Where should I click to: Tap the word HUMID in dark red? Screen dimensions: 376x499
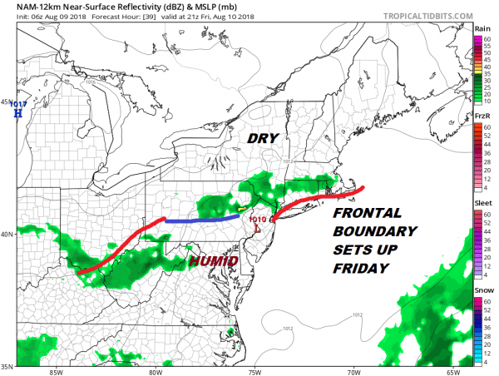point(214,261)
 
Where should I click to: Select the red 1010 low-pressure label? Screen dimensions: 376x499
point(258,220)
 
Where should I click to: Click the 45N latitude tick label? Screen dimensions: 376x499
point(7,102)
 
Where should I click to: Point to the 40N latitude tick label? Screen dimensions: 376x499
point(7,234)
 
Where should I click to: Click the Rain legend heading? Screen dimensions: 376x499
point(481,27)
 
